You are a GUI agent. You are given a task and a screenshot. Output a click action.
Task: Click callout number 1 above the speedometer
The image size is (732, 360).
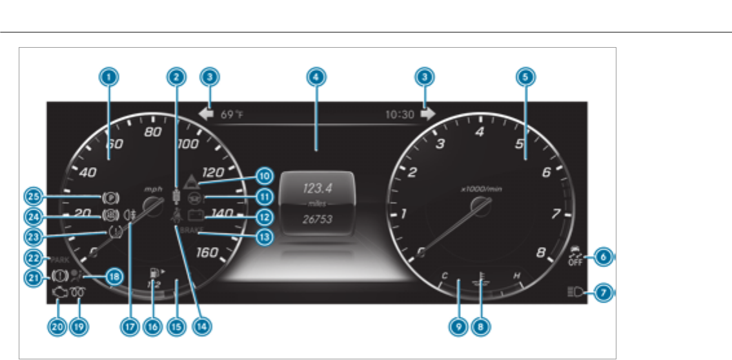point(110,76)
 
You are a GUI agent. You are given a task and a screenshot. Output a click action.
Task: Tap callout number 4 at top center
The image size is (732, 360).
point(314,76)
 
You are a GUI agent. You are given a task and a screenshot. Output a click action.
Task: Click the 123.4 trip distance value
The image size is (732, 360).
point(316,188)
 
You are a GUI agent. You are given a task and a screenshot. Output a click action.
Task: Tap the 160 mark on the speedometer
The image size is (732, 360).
point(207,252)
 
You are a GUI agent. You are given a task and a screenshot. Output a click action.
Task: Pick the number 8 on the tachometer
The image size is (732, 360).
point(542,252)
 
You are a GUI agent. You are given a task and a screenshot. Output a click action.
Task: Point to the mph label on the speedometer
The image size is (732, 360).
point(154,190)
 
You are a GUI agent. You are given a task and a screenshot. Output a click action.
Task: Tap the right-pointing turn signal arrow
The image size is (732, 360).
point(427,114)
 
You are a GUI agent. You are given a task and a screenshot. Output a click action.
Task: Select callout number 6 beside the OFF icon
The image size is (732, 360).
point(602,256)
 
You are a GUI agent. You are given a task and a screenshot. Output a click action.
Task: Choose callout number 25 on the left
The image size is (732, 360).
point(34,195)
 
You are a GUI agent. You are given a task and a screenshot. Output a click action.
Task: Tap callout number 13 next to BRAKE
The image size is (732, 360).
point(263,236)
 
